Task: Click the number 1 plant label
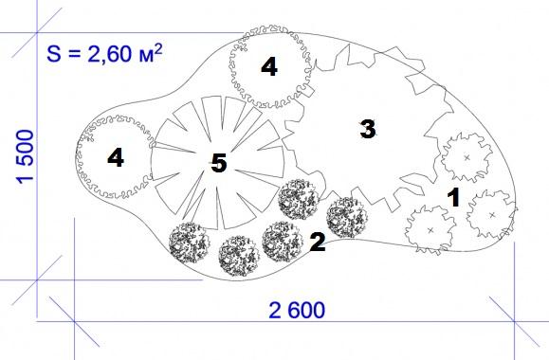point(454,198)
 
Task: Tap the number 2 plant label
point(318,242)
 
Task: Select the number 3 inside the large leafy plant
point(368,129)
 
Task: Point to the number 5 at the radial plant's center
point(219,163)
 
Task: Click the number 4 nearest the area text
point(269,66)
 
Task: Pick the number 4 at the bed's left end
point(116,157)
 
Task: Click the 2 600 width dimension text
point(297,311)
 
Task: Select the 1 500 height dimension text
point(25,156)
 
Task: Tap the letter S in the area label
point(54,54)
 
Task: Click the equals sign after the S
point(74,54)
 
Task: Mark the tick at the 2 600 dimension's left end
point(74,321)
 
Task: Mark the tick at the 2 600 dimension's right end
point(514,321)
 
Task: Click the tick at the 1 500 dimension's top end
point(37,33)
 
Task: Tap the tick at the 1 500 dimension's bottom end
point(37,279)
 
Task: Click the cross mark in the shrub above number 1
point(467,158)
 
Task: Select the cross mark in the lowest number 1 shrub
point(430,230)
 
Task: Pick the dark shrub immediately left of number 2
point(283,242)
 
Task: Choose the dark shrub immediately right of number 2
point(347,218)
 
